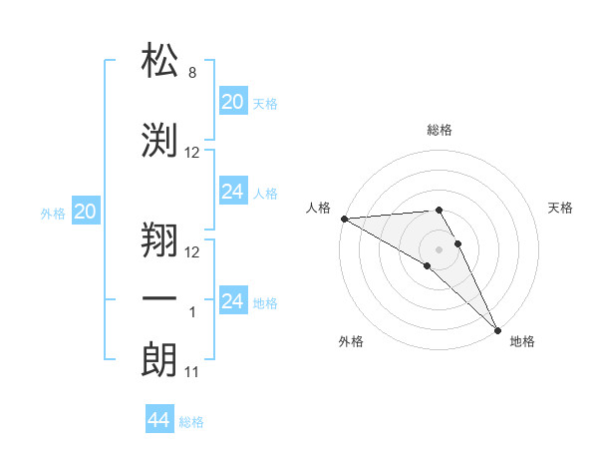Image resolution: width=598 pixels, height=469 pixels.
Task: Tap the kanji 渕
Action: coord(159,140)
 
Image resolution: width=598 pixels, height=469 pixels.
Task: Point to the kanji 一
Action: coord(159,300)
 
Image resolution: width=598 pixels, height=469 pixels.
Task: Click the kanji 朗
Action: coord(159,359)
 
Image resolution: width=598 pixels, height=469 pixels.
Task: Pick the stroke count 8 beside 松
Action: coord(192,73)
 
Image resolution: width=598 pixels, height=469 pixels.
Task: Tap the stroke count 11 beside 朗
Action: coord(192,372)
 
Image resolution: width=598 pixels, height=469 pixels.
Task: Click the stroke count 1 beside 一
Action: coord(192,312)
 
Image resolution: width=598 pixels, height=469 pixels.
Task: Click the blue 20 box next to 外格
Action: coord(86,211)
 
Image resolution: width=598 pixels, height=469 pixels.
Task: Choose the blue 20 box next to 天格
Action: coord(232,101)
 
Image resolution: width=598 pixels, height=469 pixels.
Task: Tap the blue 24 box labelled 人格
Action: coord(232,192)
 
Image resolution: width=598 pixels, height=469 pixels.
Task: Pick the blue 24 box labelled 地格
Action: coord(232,301)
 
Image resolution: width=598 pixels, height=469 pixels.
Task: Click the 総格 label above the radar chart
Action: coord(440,130)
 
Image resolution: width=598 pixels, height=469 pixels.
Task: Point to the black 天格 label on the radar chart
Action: coord(560,208)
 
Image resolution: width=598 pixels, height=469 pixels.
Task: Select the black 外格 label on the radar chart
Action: coord(351,341)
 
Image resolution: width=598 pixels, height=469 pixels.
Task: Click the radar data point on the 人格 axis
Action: coord(344,219)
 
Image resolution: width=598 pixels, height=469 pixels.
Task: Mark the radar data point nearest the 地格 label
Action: coord(497,328)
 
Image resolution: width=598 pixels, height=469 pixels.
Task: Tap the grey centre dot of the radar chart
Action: coord(440,248)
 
